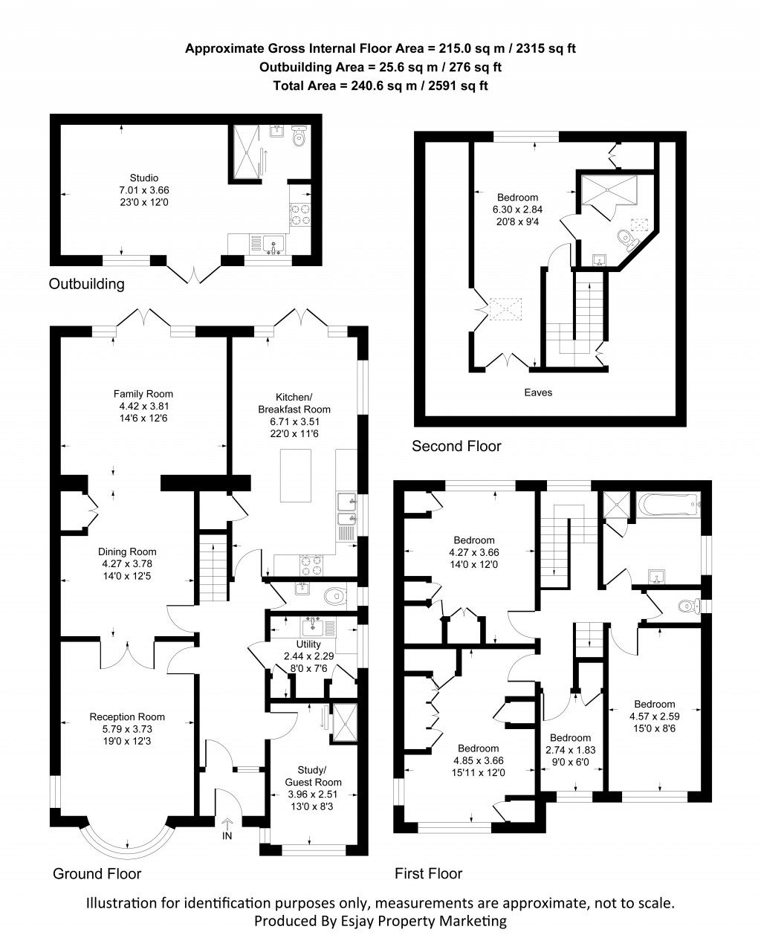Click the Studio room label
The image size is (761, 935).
(x=144, y=178)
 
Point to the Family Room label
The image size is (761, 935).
(x=143, y=394)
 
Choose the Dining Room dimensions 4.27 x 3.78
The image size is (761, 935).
(x=128, y=564)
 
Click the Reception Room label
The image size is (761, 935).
(x=127, y=716)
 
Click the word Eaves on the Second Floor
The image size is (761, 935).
(x=538, y=392)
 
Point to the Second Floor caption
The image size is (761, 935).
(x=456, y=446)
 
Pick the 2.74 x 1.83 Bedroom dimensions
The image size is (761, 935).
(x=571, y=751)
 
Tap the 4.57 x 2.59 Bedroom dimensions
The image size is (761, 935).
(x=654, y=716)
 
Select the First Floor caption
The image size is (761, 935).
(x=429, y=873)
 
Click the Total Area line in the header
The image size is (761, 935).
(x=380, y=85)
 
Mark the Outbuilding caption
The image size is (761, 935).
(x=86, y=284)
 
